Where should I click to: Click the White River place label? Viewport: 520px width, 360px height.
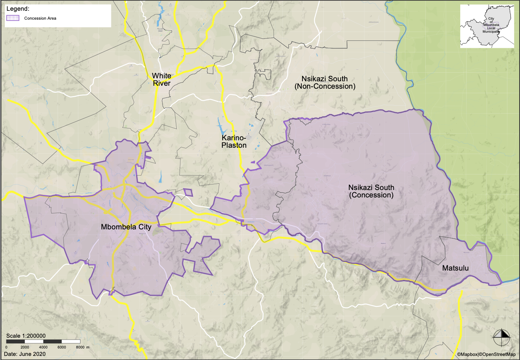click(x=161, y=79)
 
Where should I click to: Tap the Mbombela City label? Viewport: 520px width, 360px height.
click(x=126, y=227)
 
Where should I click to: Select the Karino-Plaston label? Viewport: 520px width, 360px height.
click(x=234, y=141)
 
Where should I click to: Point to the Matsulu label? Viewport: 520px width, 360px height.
click(x=455, y=268)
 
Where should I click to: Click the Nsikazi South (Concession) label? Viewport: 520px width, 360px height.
click(x=371, y=191)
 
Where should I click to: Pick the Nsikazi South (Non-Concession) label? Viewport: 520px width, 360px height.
click(x=325, y=82)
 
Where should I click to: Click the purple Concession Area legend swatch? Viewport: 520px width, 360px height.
click(x=13, y=18)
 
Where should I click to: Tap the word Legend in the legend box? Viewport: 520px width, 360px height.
click(x=18, y=9)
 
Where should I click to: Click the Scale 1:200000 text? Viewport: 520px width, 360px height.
click(x=26, y=336)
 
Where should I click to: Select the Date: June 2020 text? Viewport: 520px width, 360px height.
click(x=25, y=354)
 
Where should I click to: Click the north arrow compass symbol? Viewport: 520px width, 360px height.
click(x=501, y=337)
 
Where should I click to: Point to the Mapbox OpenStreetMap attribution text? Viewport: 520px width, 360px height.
click(x=486, y=354)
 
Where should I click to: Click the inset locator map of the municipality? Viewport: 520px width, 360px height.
click(x=487, y=26)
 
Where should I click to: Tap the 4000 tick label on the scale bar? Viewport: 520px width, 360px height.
click(x=43, y=347)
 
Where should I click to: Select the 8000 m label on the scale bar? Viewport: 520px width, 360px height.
click(x=82, y=347)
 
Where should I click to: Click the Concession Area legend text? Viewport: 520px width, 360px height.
click(x=40, y=18)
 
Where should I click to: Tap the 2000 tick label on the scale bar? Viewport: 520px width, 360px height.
click(x=25, y=347)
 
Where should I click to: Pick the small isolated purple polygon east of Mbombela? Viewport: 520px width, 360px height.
click(x=189, y=192)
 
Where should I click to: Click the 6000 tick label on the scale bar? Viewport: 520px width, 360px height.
click(x=62, y=347)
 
